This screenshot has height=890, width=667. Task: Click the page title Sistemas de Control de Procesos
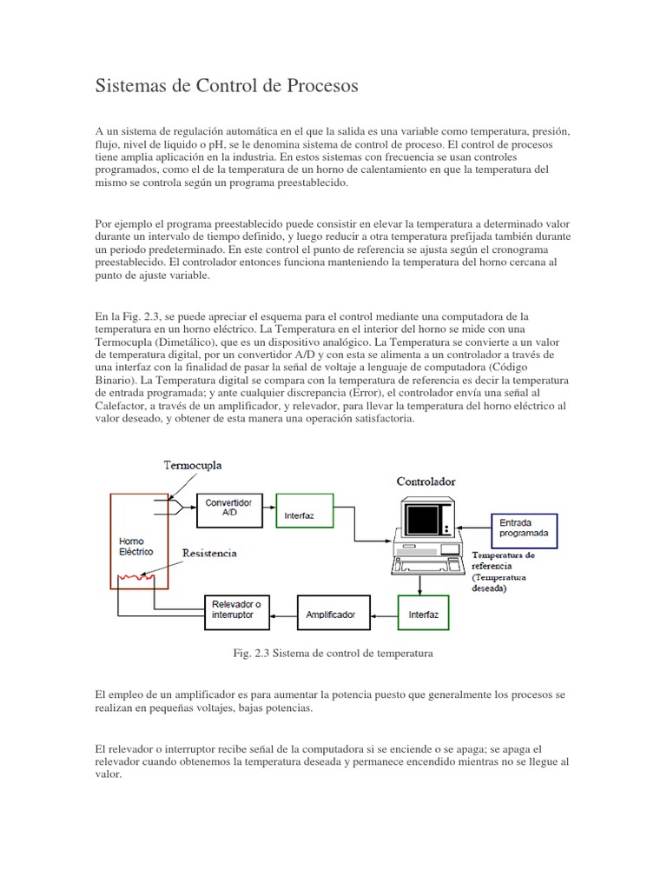pyautogui.click(x=226, y=87)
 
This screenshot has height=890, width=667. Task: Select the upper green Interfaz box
pyautogui.click(x=303, y=511)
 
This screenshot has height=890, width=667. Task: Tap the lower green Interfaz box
pyautogui.click(x=424, y=614)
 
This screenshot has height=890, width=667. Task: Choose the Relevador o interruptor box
pyautogui.click(x=237, y=614)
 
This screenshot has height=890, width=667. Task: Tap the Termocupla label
pyautogui.click(x=193, y=465)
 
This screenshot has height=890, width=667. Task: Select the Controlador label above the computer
pyautogui.click(x=426, y=481)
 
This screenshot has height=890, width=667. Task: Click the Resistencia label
pyautogui.click(x=208, y=553)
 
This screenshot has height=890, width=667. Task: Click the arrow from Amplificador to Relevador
pyautogui.click(x=283, y=614)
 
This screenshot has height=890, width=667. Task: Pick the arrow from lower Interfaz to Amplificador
pyautogui.click(x=383, y=614)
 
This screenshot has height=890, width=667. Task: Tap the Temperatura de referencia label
pyautogui.click(x=504, y=560)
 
